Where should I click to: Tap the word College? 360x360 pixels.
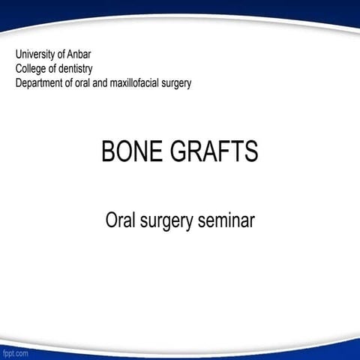(x=32, y=68)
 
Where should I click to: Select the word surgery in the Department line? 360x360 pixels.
(x=176, y=82)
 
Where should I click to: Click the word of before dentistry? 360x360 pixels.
(x=55, y=68)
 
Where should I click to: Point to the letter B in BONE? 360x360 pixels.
(x=108, y=151)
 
